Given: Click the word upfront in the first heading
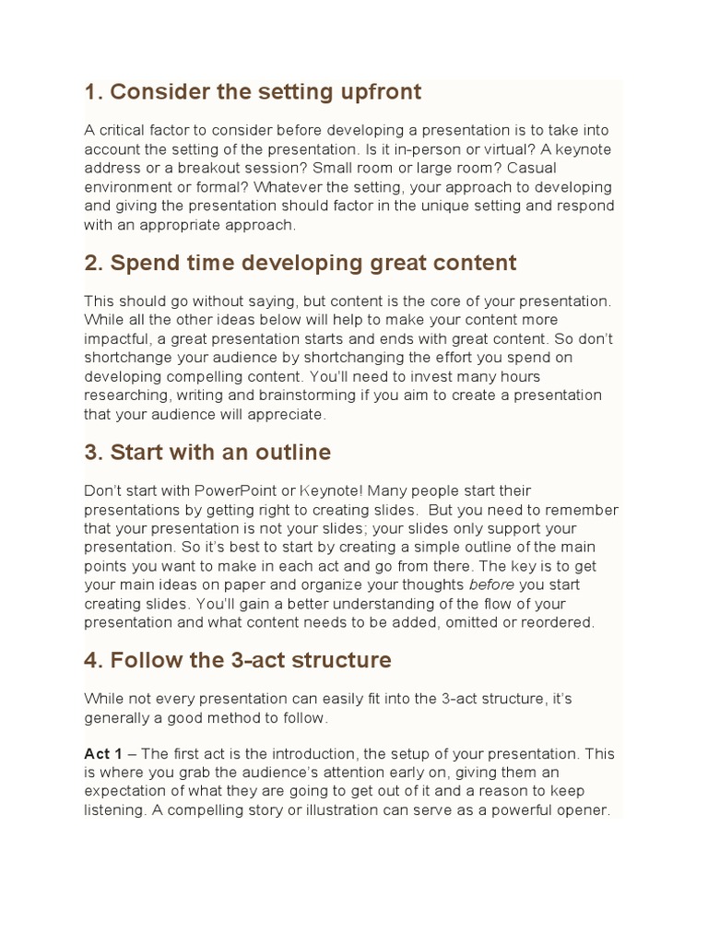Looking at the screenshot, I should [x=376, y=92].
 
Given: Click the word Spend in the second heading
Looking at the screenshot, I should [x=140, y=263].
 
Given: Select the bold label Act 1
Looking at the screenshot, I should [x=103, y=754].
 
